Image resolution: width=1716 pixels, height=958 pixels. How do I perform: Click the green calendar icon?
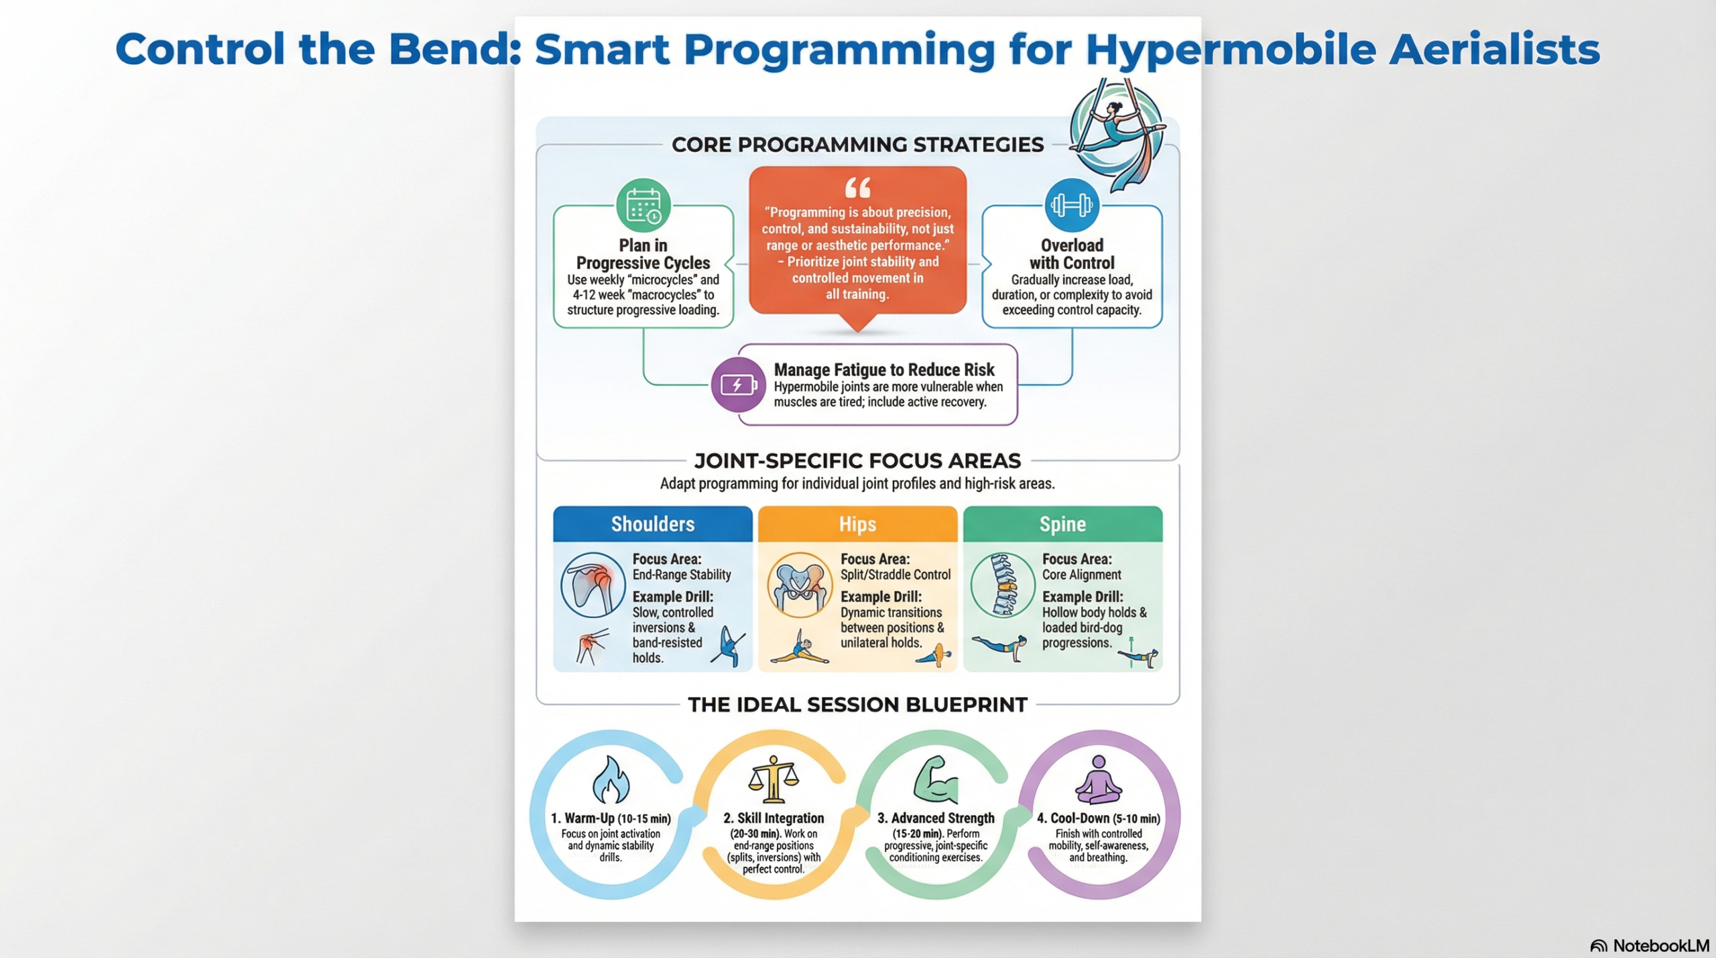[x=643, y=205]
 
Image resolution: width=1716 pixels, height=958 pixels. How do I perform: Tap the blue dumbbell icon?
[x=1071, y=205]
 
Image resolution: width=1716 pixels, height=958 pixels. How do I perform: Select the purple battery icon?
[x=738, y=385]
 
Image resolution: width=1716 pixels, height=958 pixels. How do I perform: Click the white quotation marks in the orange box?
[x=857, y=188]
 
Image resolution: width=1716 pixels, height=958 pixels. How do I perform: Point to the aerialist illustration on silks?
[x=1116, y=134]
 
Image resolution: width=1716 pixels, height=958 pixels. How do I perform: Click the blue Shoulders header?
[x=652, y=524]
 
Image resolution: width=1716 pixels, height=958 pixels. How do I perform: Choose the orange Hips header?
[x=857, y=524]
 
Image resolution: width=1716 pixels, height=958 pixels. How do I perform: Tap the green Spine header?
[x=1062, y=524]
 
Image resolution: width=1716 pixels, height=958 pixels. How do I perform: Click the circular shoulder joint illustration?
[x=593, y=585]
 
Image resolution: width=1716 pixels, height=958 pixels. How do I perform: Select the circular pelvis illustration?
[x=799, y=585]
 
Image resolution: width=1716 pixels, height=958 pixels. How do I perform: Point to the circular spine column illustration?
[x=1003, y=585]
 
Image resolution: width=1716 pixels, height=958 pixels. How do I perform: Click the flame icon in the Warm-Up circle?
[x=611, y=779]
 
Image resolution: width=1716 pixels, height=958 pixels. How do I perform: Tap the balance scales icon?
[x=774, y=779]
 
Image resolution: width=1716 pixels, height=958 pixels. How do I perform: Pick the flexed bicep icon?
[x=936, y=779]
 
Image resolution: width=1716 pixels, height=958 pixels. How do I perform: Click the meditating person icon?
[x=1098, y=779]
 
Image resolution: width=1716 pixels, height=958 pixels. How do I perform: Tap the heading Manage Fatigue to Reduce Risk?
[x=884, y=369]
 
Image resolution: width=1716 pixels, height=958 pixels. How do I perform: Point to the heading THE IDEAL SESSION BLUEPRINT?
[x=857, y=705]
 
